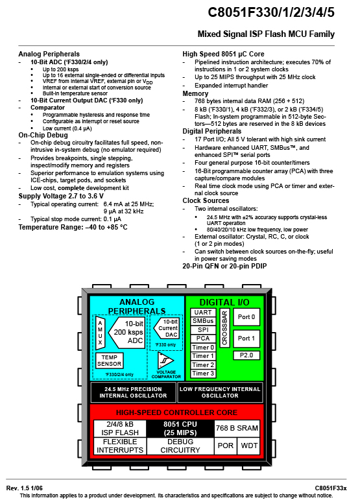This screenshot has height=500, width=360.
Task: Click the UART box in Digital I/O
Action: [x=203, y=312]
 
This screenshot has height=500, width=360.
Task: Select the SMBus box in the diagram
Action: [x=203, y=321]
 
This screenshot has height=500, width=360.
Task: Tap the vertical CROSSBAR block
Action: [x=225, y=327]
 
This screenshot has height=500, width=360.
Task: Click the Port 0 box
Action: [x=246, y=317]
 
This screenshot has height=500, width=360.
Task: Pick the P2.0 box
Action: [x=246, y=355]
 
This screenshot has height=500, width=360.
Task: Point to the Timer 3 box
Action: [x=203, y=374]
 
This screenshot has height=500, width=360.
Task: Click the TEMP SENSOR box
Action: [x=110, y=361]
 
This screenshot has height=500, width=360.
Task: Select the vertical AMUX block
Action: [x=100, y=333]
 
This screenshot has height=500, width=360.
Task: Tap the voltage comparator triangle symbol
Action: [x=165, y=361]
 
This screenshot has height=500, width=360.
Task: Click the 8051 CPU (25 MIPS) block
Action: [x=180, y=428]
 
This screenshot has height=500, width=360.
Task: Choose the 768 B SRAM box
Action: [x=237, y=428]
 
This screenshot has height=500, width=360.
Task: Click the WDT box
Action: [x=249, y=446]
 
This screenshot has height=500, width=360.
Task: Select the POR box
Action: [x=226, y=446]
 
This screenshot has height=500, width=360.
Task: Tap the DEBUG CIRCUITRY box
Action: [x=180, y=446]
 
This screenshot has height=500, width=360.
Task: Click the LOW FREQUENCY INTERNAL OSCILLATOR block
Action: [x=220, y=392]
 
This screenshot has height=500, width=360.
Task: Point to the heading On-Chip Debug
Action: [x=43, y=135]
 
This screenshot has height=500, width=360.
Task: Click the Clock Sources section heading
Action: [x=206, y=200]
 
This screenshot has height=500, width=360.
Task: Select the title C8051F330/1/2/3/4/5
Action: [x=271, y=12]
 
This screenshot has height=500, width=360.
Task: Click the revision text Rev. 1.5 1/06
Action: [x=24, y=488]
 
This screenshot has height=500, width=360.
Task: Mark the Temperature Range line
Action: [x=73, y=227]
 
